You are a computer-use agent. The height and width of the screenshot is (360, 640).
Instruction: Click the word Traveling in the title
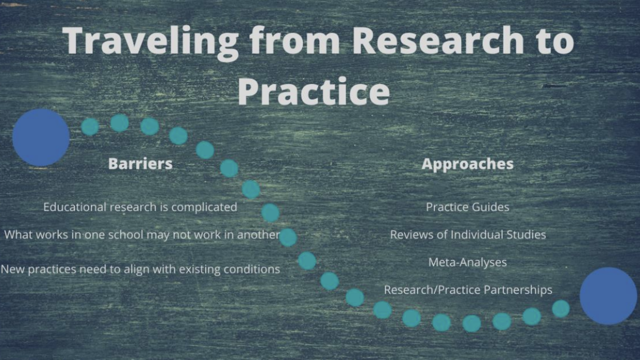tap(151, 41)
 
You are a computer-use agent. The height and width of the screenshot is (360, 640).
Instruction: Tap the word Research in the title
tap(438, 40)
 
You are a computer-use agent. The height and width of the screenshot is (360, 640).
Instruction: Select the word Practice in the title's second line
tap(314, 91)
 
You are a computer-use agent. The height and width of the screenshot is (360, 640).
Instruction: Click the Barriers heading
tap(141, 163)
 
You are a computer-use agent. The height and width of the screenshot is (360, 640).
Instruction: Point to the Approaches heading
tap(467, 164)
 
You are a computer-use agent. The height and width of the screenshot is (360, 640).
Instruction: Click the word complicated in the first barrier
tap(204, 207)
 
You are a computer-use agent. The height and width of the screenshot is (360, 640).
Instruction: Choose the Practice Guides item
tap(467, 207)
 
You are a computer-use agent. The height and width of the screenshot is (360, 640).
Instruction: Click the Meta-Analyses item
tap(467, 262)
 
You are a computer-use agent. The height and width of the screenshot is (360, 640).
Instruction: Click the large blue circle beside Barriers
tap(41, 138)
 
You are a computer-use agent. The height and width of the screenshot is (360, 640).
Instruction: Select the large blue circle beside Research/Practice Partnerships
tap(608, 296)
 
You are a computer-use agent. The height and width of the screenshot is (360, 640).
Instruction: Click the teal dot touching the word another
tap(288, 237)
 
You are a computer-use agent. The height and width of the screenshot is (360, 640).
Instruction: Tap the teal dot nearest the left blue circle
tap(90, 127)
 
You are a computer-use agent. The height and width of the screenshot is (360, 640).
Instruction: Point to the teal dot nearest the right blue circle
tap(561, 309)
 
